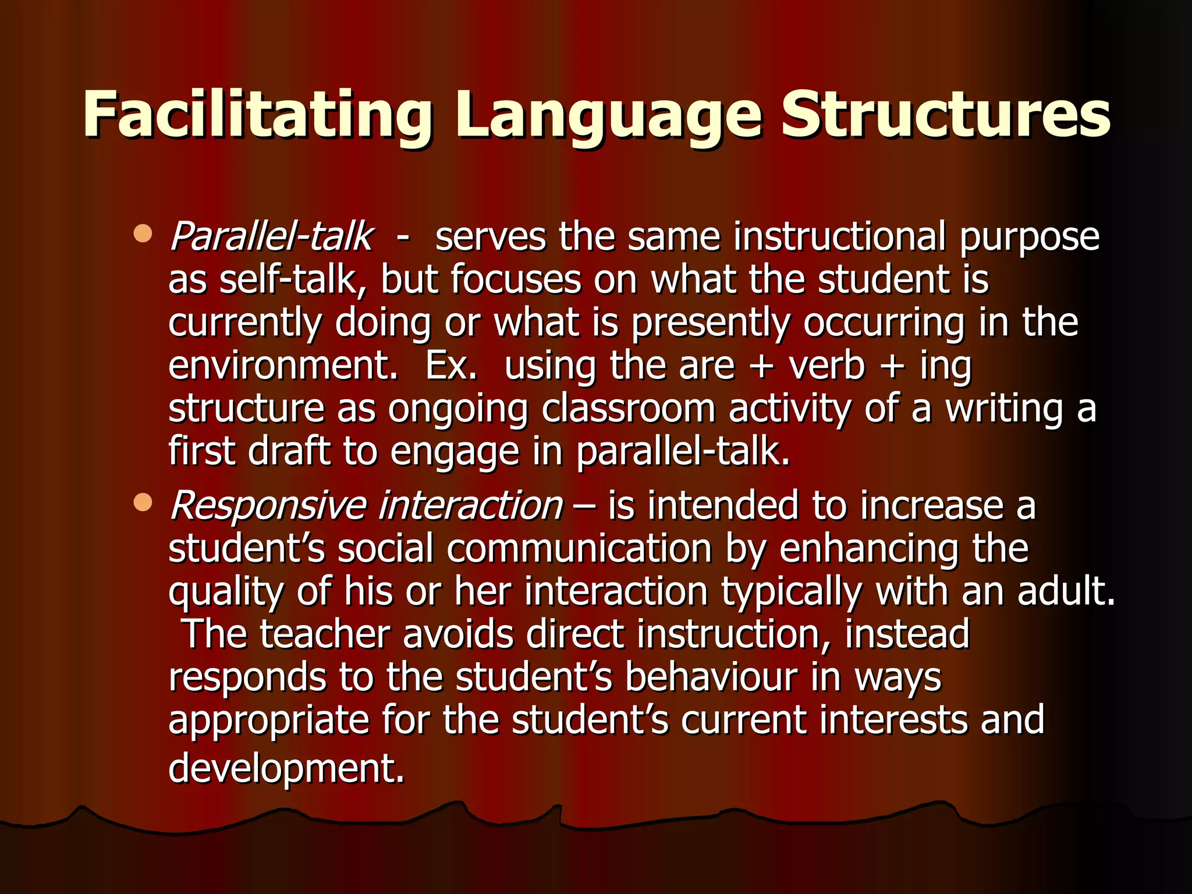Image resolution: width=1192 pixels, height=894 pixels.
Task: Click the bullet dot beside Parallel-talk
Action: pos(143,234)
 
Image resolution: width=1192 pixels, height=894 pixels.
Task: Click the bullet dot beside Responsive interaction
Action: pos(143,502)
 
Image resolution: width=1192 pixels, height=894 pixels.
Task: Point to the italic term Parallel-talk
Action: pos(271,237)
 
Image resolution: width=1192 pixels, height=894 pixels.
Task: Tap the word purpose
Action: pos(1029,237)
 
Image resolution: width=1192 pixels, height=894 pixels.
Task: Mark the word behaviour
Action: pos(711,677)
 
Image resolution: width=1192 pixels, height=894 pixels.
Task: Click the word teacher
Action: pos(325,634)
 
